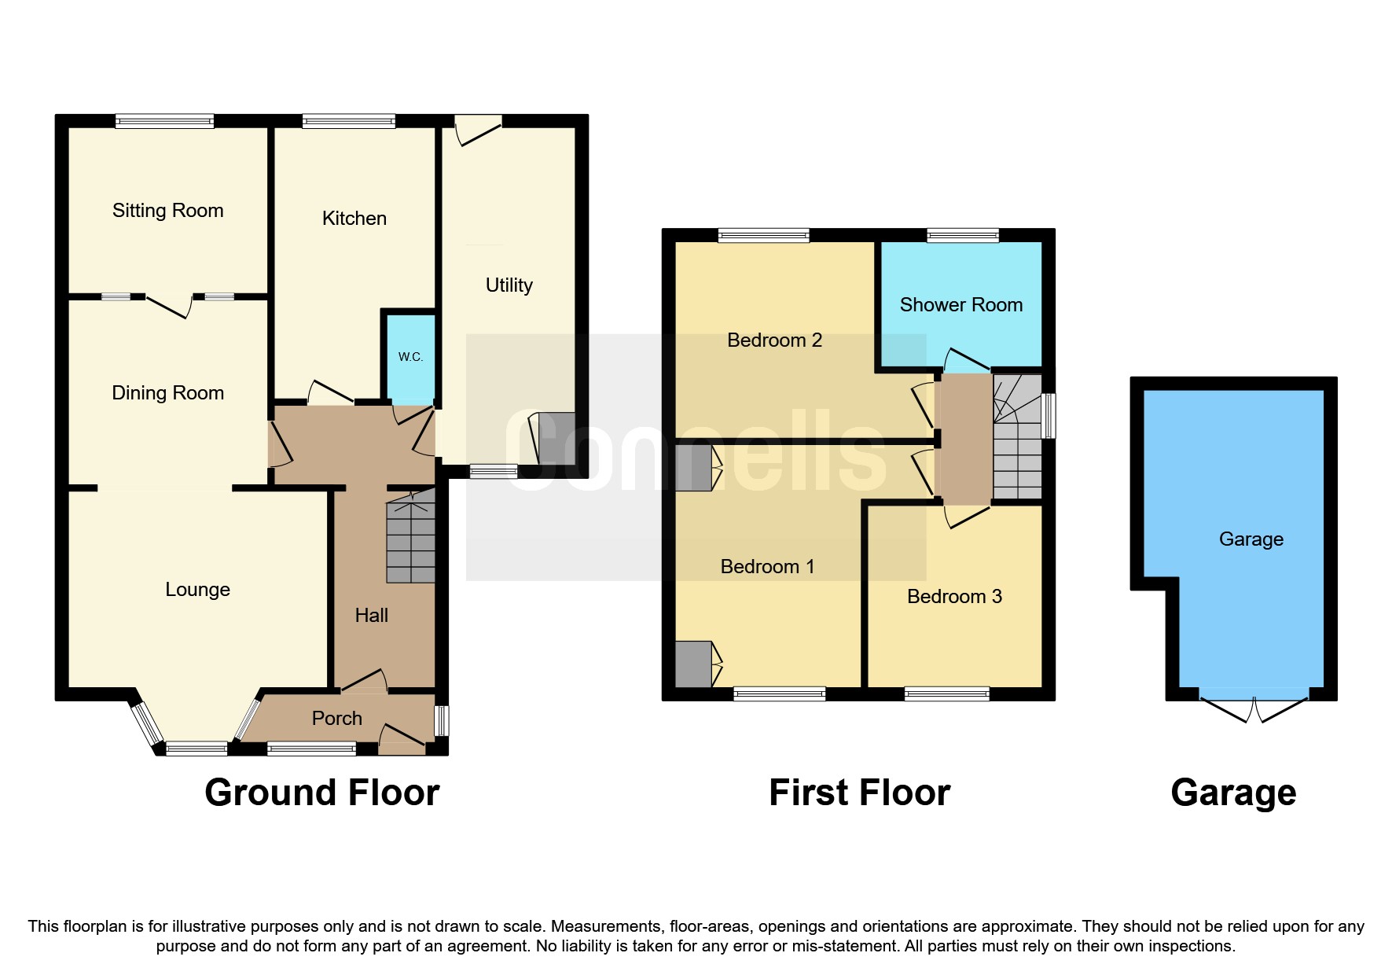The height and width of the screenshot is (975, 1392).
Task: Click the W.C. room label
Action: tap(410, 356)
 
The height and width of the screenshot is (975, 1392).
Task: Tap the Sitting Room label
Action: tap(167, 210)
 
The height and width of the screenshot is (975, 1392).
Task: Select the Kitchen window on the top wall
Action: tap(348, 121)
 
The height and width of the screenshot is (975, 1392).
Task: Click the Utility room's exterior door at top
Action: tap(478, 129)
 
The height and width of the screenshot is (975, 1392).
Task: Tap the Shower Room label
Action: tap(960, 304)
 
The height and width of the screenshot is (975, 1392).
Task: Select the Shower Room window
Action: tap(963, 235)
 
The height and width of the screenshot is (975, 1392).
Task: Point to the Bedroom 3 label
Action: tap(954, 596)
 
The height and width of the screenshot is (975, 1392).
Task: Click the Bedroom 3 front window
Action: tap(946, 694)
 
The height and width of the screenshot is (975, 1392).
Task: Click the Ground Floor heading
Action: tap(321, 793)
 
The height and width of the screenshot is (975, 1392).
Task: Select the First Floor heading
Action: tap(859, 793)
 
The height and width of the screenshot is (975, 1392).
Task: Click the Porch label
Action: tap(336, 718)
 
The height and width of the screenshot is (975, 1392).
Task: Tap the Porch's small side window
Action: tap(442, 720)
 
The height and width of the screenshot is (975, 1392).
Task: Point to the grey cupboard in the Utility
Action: tap(556, 438)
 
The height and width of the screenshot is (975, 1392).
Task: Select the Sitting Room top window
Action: tap(164, 121)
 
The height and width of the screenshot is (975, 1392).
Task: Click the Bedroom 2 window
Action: tap(763, 235)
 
